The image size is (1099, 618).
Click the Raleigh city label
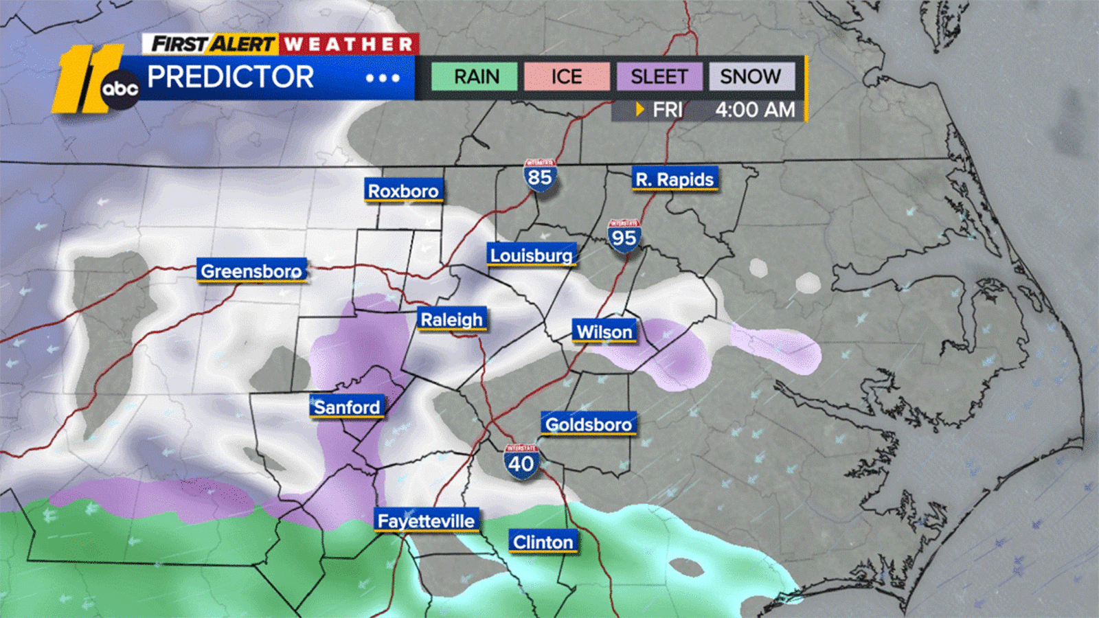point(452,319)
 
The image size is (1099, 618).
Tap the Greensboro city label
point(251,271)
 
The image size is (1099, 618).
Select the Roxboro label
point(403,191)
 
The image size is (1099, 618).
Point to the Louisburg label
point(531,255)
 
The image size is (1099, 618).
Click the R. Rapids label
point(675,179)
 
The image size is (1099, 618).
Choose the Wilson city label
point(604,332)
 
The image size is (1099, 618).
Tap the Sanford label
point(347,407)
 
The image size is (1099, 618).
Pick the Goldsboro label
point(589,424)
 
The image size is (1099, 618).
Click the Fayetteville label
point(426,521)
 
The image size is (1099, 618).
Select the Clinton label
point(543,542)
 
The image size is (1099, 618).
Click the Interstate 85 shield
point(540,176)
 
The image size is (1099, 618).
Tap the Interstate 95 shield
point(624,236)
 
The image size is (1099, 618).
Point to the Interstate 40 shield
point(521,462)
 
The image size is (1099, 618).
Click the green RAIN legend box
point(475,76)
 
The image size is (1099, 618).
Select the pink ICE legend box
point(567,76)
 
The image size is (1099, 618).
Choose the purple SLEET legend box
point(659,76)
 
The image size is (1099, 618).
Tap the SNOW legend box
point(751,76)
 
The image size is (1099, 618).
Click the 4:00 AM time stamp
point(755,110)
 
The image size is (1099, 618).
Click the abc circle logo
point(120,89)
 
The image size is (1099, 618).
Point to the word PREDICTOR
point(231,77)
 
